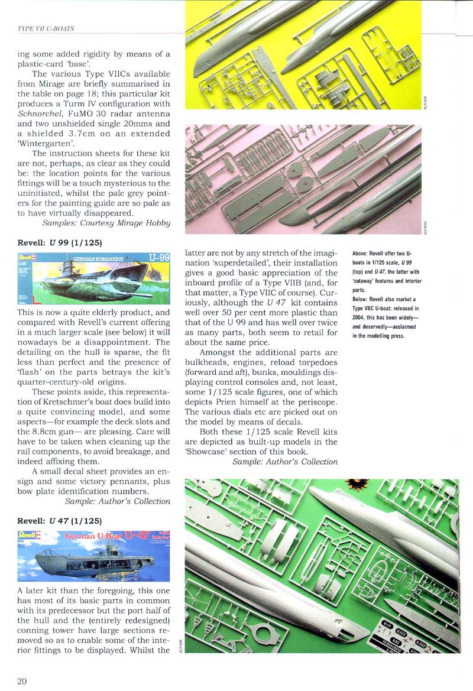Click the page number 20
pyautogui.click(x=22, y=680)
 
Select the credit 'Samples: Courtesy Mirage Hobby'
pyautogui.click(x=106, y=223)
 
